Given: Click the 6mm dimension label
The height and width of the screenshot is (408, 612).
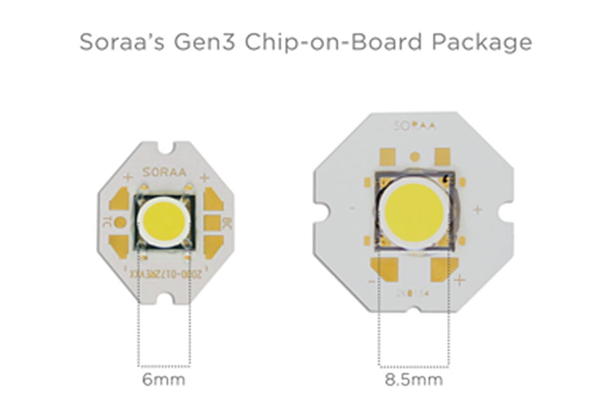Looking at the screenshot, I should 164,381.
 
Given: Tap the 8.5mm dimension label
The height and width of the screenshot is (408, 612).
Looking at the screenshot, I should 413,381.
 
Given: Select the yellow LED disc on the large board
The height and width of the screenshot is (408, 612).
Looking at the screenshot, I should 414,210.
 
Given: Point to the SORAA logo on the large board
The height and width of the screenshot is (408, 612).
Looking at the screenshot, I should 414,125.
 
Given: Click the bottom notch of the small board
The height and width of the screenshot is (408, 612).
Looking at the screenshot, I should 164,298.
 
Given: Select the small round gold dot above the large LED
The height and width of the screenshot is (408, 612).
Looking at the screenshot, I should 415,156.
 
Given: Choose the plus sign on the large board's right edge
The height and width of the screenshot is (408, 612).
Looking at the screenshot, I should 477,209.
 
